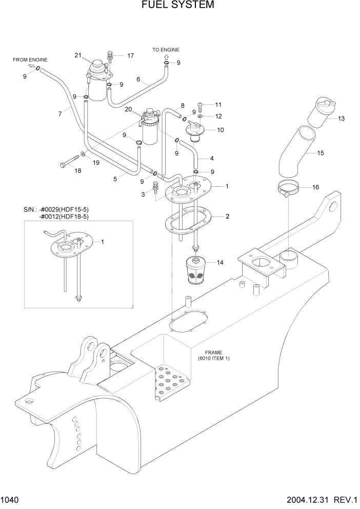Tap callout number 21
[x=78, y=55]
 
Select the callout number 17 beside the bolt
[x=130, y=55]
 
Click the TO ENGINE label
[x=166, y=49]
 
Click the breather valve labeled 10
[x=194, y=130]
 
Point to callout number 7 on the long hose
[x=61, y=113]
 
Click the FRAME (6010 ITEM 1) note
[x=213, y=356]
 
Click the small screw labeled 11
[x=200, y=106]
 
